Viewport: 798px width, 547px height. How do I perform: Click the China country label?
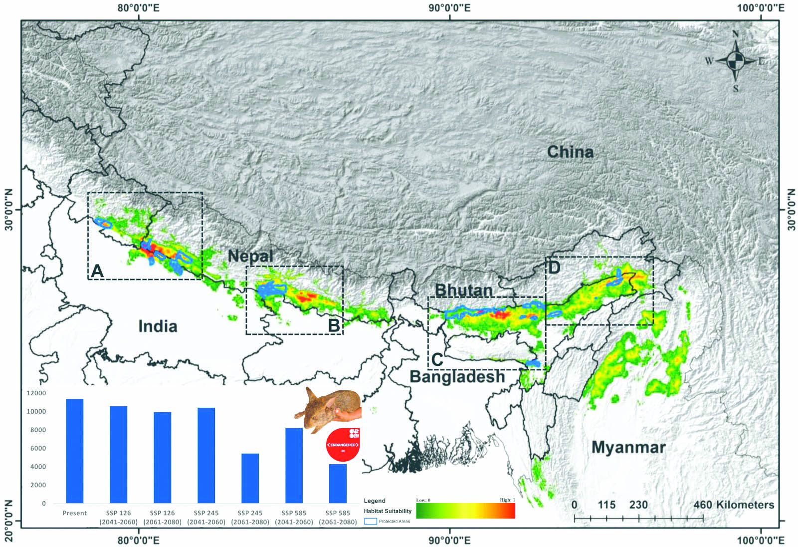tap(570, 152)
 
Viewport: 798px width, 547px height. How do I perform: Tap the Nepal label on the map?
tap(250, 256)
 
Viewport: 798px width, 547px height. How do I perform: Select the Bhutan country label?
tap(463, 290)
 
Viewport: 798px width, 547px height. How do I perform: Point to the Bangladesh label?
tap(457, 376)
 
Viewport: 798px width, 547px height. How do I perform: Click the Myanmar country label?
tap(628, 447)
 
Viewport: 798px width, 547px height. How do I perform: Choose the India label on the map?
tap(158, 326)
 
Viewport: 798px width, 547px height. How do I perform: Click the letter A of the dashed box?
tap(97, 271)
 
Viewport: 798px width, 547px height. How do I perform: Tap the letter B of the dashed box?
tap(334, 325)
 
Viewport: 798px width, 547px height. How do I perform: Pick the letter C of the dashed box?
tap(437, 359)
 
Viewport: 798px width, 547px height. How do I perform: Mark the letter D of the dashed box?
tap(554, 267)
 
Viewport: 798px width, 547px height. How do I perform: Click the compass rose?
tap(735, 61)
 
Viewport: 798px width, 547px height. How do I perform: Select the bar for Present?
tap(75, 451)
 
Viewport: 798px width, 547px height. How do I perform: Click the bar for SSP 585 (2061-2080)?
tap(338, 483)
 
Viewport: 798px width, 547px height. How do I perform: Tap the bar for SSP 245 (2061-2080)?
tap(250, 478)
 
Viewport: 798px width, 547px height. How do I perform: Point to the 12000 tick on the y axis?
tap(36, 393)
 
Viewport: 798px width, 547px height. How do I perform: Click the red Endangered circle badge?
tap(343, 445)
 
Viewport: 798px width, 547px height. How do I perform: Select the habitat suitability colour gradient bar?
tap(465, 511)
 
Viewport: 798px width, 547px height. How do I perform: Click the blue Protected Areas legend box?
tap(371, 521)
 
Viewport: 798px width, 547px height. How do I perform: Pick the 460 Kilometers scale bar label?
tap(734, 505)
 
